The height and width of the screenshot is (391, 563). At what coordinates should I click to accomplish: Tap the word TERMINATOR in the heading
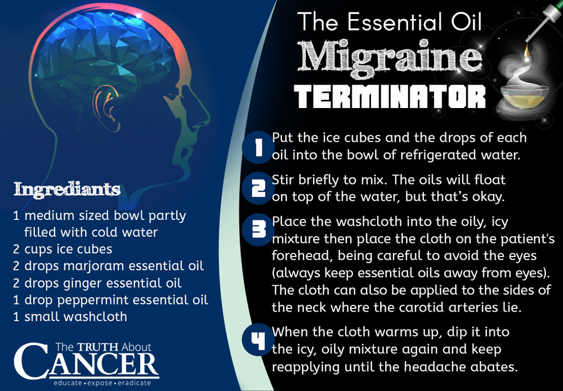[x=390, y=97]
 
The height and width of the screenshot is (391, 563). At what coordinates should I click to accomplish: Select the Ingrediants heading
[x=67, y=190]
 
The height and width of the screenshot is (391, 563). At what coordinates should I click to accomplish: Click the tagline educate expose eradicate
[x=102, y=383]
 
